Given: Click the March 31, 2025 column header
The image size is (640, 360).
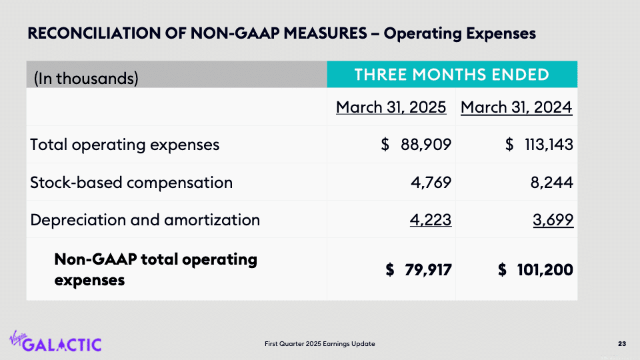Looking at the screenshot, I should [391, 107].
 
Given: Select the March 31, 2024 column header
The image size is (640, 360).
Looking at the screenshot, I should [516, 107].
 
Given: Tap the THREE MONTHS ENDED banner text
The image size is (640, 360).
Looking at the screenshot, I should [451, 74].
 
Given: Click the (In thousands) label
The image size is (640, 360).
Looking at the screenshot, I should [86, 79].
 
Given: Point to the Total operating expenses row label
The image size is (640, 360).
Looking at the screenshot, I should [125, 145].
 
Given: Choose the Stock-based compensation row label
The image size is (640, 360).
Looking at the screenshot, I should [131, 182].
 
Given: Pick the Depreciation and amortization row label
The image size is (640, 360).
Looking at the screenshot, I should [145, 219].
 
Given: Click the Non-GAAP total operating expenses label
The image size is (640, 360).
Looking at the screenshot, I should [155, 269].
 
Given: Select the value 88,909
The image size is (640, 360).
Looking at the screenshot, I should [425, 145].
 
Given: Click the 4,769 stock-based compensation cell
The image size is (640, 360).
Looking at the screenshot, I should [433, 182].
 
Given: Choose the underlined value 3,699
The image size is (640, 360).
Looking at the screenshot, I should [553, 219].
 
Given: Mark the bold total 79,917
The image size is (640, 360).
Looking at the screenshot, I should [427, 269].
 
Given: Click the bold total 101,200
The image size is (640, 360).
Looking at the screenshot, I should [545, 269].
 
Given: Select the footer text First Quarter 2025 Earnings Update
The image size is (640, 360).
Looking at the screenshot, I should [319, 344].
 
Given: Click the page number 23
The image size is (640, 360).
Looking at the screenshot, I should [621, 344].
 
